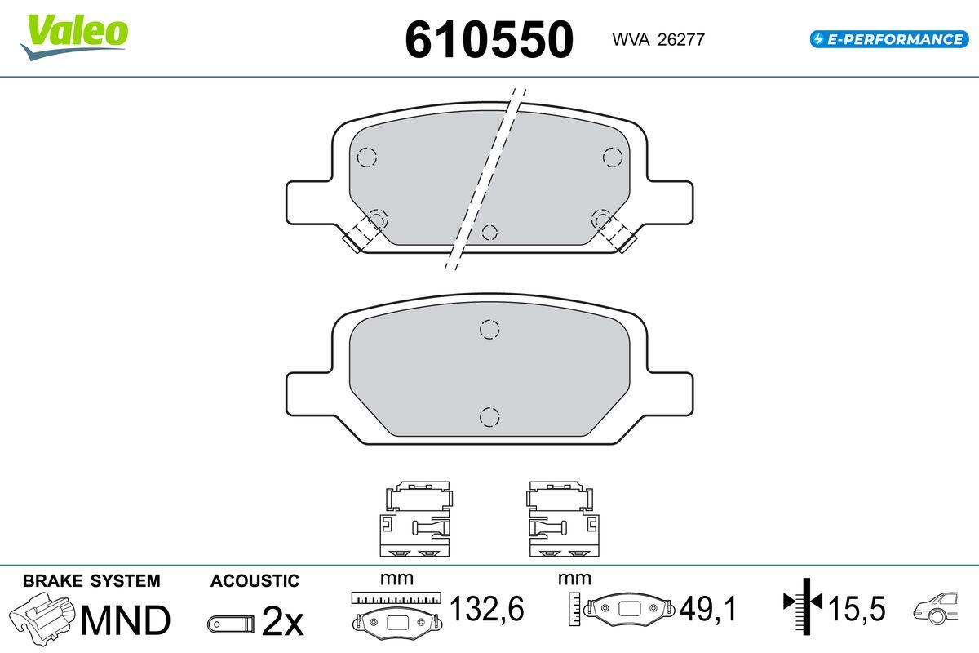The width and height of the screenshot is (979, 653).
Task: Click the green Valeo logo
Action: click(74, 37)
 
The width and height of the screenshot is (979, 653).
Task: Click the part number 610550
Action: click(489, 40)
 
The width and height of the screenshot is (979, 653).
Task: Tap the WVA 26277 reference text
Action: click(658, 40)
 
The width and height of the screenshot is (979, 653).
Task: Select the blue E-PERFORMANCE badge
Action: click(889, 39)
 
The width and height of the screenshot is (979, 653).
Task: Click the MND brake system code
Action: click(126, 620)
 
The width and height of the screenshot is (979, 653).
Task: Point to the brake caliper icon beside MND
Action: click(42, 618)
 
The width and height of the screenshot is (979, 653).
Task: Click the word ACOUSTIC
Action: click(255, 581)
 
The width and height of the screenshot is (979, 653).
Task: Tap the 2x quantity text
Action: click(282, 620)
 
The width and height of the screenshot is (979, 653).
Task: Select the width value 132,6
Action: click(486, 608)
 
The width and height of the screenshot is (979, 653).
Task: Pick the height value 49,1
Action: click(707, 608)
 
